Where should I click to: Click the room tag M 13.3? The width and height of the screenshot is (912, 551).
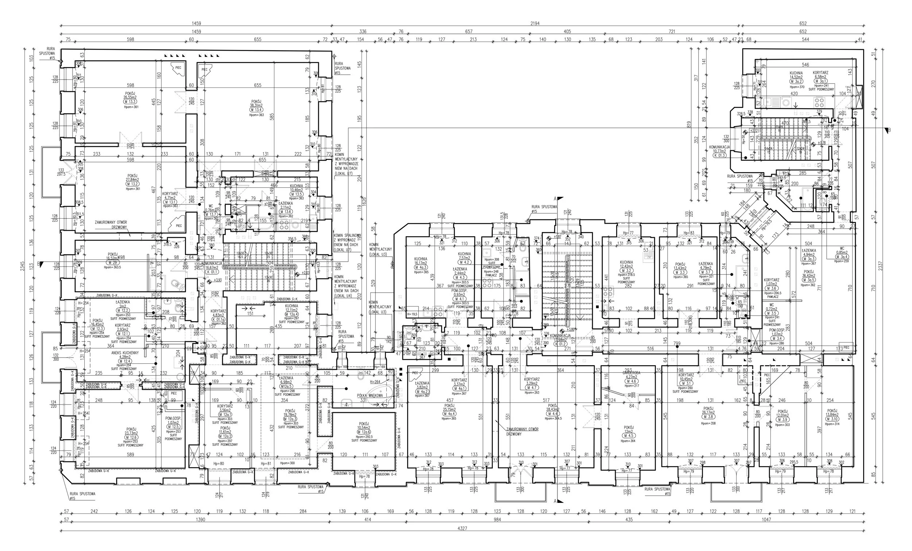[130, 102]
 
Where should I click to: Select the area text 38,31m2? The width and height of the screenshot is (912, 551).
[256, 105]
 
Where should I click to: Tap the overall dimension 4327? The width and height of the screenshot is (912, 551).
[462, 528]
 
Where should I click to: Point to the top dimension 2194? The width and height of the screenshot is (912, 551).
[535, 23]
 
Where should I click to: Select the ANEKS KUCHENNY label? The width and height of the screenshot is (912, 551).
[125, 353]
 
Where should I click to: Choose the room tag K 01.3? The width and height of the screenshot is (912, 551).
[720, 156]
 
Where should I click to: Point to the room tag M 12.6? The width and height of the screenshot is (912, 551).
[131, 437]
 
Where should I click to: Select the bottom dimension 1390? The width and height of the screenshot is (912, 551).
[200, 520]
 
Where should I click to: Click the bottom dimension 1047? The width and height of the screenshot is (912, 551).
[766, 520]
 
